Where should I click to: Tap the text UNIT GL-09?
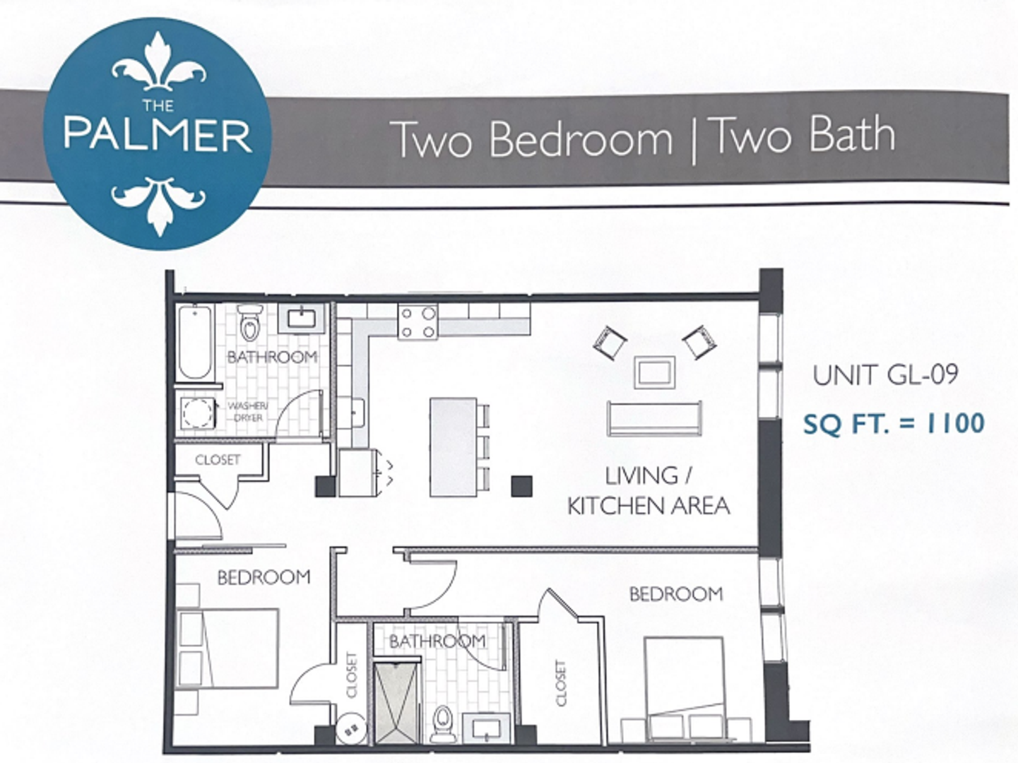[885, 375]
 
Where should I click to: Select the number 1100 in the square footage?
[955, 423]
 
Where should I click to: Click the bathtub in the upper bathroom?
[194, 342]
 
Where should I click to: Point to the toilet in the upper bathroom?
[249, 323]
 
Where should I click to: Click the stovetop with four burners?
[418, 322]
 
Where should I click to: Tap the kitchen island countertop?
[453, 446]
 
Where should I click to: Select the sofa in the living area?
[654, 418]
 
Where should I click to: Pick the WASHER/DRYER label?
[248, 412]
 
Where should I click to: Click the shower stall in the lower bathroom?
[397, 702]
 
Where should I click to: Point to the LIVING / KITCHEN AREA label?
[649, 490]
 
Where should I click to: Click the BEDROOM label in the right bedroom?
[676, 594]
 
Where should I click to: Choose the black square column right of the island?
[521, 485]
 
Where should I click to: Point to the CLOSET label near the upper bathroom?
[218, 460]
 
